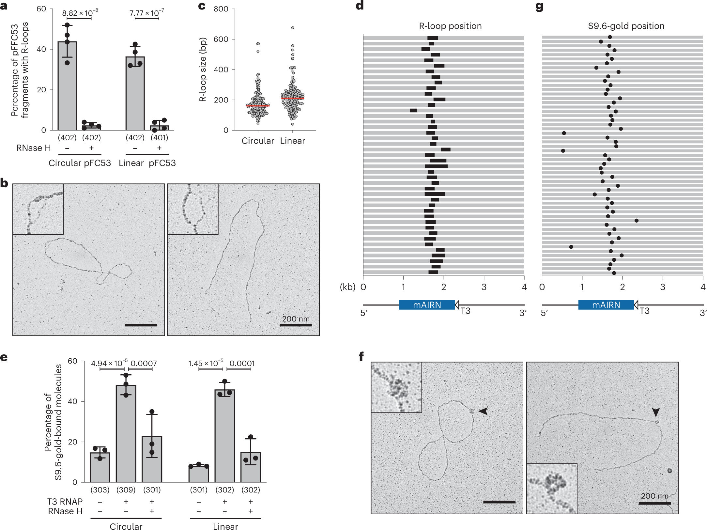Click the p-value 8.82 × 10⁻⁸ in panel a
coord(80,13)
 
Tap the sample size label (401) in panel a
coord(159,138)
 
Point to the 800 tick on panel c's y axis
coord(221,9)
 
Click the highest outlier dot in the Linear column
coord(293,28)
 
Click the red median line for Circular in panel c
coord(258,106)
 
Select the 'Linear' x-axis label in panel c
coord(292,141)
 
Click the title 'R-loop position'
coord(450,26)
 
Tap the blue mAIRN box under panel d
coord(427,305)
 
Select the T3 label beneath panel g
coord(644,311)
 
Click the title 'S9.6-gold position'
coord(626,26)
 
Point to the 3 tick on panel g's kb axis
coord(663,287)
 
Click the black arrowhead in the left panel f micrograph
coord(483,411)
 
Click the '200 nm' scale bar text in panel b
coord(296,319)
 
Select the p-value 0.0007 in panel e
coord(144,364)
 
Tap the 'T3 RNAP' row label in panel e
coord(65,502)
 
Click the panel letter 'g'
coord(540,7)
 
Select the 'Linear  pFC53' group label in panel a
coord(147,163)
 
